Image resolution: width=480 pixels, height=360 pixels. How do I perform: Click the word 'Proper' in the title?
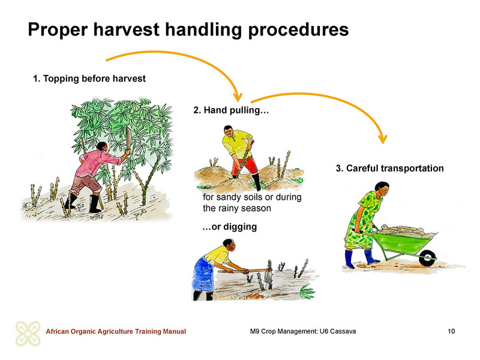pos(58,30)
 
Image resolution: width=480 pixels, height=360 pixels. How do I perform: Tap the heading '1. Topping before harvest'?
pos(89,79)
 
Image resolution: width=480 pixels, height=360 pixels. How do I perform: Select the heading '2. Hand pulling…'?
pos(231,110)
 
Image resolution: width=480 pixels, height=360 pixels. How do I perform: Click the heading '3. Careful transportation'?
pos(389,169)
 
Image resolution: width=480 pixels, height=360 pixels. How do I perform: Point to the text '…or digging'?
pos(230,227)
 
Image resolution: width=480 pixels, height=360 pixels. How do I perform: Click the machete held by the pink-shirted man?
pos(128,139)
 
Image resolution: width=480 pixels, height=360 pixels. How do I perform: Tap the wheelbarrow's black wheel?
pos(427,258)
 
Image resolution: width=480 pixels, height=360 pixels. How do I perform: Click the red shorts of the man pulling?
pos(245,166)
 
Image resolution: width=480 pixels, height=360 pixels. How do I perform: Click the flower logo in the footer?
pos(28,334)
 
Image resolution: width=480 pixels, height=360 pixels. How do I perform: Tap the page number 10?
pos(451,331)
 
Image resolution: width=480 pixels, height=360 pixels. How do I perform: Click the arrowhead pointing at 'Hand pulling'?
pos(238,97)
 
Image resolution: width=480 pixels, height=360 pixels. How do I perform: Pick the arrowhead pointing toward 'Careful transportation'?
pos(383,139)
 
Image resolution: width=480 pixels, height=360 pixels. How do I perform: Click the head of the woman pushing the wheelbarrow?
pos(382,189)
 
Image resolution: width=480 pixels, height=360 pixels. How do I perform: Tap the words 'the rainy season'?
pos(237,208)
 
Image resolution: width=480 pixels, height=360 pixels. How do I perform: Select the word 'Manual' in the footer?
pos(174,331)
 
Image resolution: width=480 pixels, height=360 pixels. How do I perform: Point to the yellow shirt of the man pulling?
pos(236,143)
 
